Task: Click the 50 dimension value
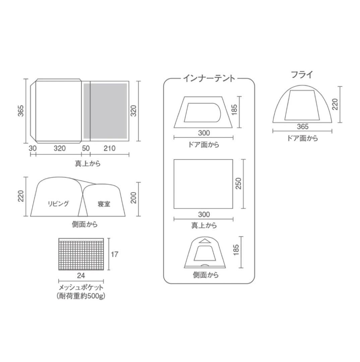point(86,148)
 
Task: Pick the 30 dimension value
point(33,148)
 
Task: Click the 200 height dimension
point(134,198)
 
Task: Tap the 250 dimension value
point(238,183)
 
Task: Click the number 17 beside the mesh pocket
point(114,254)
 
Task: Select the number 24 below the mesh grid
point(81,276)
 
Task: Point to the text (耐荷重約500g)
point(81,296)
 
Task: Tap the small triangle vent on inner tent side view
point(203,241)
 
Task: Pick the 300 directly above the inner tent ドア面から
point(203,133)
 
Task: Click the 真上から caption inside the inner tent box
point(204,225)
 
